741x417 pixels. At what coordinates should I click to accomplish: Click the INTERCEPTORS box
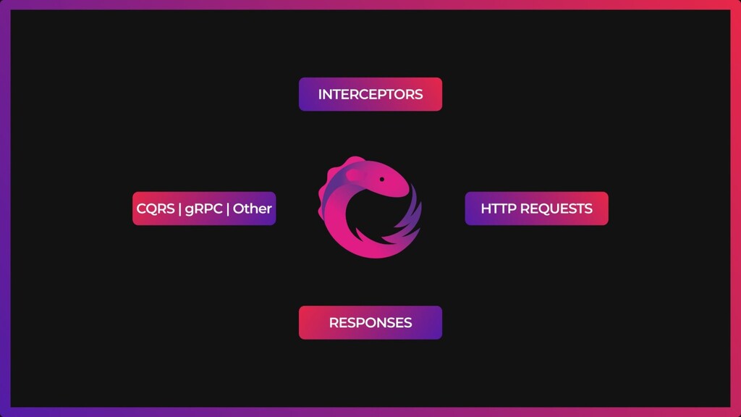[x=370, y=94]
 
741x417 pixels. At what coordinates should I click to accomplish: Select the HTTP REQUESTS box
[x=536, y=208]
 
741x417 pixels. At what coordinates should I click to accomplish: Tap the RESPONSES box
[x=370, y=323]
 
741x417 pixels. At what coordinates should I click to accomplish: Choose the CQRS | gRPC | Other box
[x=204, y=208]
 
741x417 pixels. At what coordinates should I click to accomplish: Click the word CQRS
[x=156, y=208]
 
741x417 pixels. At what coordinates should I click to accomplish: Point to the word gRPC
[x=203, y=209]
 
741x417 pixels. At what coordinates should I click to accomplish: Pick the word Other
[x=252, y=208]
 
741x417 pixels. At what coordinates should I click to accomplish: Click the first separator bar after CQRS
[x=179, y=208]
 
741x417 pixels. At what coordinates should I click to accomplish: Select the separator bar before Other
[x=228, y=208]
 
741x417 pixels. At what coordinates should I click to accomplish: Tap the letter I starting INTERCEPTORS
[x=320, y=94]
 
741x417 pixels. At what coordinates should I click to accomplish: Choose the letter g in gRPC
[x=189, y=209]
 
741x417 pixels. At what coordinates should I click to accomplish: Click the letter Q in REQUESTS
[x=542, y=208]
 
